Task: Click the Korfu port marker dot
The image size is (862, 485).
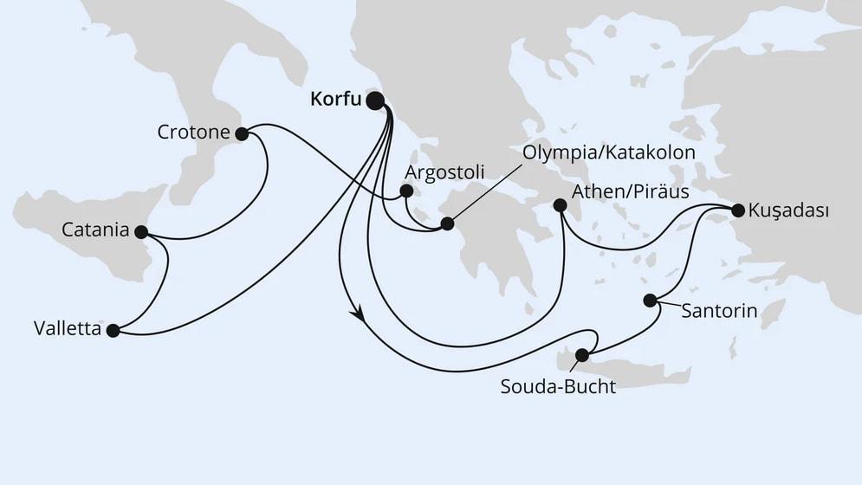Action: click(x=375, y=101)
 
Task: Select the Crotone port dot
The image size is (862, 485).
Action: click(x=242, y=133)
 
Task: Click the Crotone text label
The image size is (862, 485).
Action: click(x=194, y=133)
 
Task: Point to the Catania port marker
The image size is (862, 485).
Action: click(x=141, y=231)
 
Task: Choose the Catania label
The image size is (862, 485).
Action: click(x=95, y=231)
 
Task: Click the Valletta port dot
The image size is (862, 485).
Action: click(x=112, y=329)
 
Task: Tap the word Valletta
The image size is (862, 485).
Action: click(x=66, y=329)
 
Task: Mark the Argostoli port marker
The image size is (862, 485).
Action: click(x=405, y=193)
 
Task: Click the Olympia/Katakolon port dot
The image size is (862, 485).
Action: click(x=447, y=223)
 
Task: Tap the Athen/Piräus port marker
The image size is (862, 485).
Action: click(x=560, y=206)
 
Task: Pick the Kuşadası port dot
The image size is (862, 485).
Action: click(x=737, y=210)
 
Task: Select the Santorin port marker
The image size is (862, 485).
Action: click(x=650, y=301)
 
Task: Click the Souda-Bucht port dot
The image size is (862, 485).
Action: click(x=582, y=354)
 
